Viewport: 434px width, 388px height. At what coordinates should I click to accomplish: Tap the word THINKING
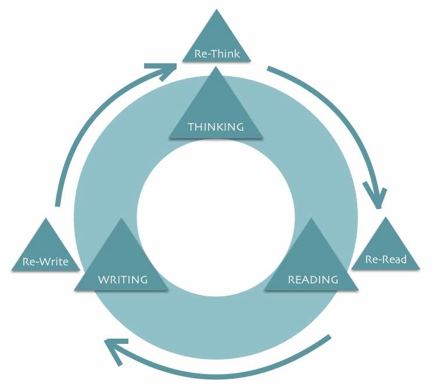pyautogui.click(x=216, y=127)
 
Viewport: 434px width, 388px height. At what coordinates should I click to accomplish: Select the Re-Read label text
pyautogui.click(x=386, y=259)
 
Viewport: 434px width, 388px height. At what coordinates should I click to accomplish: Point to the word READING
pyautogui.click(x=313, y=279)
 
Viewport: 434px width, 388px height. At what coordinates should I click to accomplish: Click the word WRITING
pyautogui.click(x=123, y=279)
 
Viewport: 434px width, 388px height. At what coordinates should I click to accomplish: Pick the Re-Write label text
pyautogui.click(x=45, y=261)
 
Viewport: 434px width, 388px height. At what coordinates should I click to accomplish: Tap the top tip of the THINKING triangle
pyautogui.click(x=216, y=67)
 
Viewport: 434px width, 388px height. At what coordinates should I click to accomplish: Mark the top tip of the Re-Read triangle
pyautogui.click(x=386, y=217)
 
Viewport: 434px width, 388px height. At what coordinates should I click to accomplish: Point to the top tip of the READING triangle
pyautogui.click(x=312, y=218)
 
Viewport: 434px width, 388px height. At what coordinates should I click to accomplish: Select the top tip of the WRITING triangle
pyautogui.click(x=121, y=218)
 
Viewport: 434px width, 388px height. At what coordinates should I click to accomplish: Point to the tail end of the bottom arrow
pyautogui.click(x=330, y=337)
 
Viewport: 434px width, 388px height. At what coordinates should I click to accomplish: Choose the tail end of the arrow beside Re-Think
pyautogui.click(x=268, y=70)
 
